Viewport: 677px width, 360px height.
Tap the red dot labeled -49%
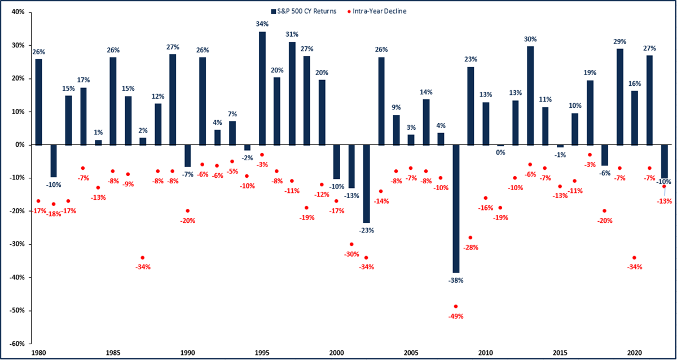pos(456,306)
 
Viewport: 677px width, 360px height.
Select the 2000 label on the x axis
pos(336,351)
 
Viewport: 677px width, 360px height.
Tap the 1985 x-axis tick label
pos(113,351)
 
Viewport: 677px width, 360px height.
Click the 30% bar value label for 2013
pos(530,39)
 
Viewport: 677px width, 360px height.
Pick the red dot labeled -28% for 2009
pos(471,238)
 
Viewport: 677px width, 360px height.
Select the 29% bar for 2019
pos(619,96)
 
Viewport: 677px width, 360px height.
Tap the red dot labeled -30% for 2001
pos(351,244)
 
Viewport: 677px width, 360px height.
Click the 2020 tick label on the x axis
pos(634,351)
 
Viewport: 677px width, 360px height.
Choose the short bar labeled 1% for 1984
pos(98,143)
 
